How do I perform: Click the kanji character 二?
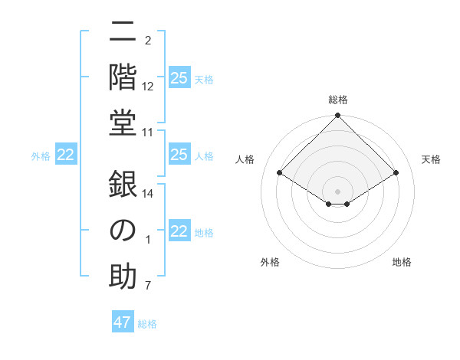(x=123, y=31)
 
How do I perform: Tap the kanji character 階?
(x=123, y=77)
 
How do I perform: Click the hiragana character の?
(x=123, y=231)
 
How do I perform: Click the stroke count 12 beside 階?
(x=148, y=87)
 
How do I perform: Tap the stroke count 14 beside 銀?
(x=148, y=194)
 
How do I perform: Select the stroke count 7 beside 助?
(x=148, y=286)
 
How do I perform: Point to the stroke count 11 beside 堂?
(x=148, y=133)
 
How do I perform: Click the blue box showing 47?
(x=123, y=322)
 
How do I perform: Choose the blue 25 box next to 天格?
(x=179, y=78)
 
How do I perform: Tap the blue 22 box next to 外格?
(x=66, y=155)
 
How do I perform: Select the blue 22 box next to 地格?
(x=179, y=231)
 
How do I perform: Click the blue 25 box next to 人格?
(x=179, y=155)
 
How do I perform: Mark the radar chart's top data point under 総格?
(x=337, y=116)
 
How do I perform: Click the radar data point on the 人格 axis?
(x=280, y=173)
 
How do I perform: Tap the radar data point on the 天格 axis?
(x=396, y=173)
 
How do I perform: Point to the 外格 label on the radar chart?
(x=270, y=262)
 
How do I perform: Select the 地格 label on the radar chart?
(x=402, y=262)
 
